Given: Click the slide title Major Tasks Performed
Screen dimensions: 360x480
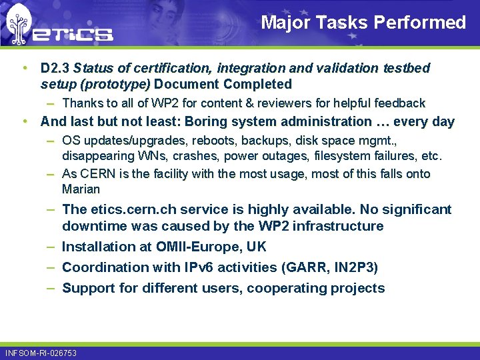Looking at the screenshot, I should tap(363, 23).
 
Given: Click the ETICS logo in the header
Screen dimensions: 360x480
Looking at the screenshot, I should tap(60, 27).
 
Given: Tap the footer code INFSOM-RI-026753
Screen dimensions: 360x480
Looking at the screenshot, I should tap(41, 353).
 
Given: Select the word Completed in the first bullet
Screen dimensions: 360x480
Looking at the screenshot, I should tap(258, 84).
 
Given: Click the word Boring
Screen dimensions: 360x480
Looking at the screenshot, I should tap(219, 121).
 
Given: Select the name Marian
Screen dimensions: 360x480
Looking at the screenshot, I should tap(81, 189).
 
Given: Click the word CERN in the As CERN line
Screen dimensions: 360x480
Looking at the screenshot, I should tap(94, 173).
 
